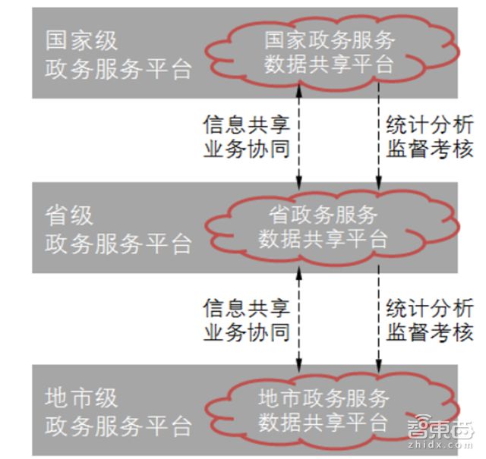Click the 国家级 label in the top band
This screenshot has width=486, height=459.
(x=82, y=40)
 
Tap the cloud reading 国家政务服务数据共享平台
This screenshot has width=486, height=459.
(x=329, y=52)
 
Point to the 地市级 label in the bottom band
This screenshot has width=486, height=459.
(x=82, y=397)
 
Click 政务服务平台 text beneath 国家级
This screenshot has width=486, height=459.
(x=118, y=70)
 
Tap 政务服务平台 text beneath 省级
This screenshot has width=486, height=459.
(x=118, y=244)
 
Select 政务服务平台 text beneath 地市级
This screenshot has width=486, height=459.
(x=118, y=426)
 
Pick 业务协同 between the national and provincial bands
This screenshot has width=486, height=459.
(x=246, y=149)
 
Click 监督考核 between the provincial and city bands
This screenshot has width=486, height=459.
(x=430, y=332)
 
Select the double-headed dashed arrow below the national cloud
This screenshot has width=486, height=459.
(x=299, y=137)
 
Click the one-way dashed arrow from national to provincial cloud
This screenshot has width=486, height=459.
(x=378, y=137)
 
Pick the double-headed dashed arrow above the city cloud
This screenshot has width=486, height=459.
(x=299, y=319)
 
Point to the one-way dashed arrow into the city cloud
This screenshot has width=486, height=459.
(x=378, y=319)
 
